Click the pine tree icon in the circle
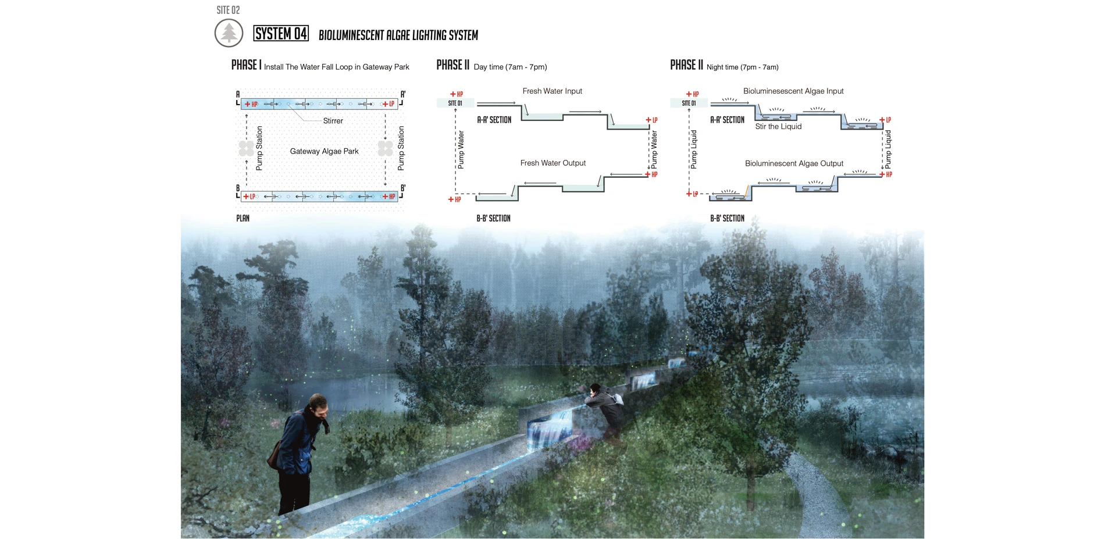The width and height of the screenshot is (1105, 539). pos(229,33)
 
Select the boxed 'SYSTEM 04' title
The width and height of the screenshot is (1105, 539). pos(281,34)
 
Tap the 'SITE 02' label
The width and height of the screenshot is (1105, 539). pos(228,10)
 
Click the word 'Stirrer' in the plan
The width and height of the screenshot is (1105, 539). pos(333,121)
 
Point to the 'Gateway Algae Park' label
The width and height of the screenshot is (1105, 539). pos(324,151)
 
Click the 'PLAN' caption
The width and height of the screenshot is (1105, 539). pos(243,218)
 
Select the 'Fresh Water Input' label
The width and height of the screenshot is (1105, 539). pos(552,91)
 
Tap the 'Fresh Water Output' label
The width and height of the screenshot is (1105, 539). pos(552,163)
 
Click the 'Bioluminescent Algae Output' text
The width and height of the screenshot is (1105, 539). pos(794,164)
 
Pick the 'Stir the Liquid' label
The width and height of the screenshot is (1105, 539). pos(778,127)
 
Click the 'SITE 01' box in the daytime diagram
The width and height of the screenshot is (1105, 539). pos(455,103)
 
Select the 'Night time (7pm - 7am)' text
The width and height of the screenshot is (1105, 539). pos(742,67)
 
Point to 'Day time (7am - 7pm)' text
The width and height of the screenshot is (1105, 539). pos(510,67)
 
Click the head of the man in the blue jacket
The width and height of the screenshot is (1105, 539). pos(317,405)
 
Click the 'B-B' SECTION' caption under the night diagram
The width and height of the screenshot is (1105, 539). pos(727,218)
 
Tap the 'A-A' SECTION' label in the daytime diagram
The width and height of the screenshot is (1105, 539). pos(494,120)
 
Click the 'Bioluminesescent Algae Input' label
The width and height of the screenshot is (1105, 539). pos(793,91)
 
